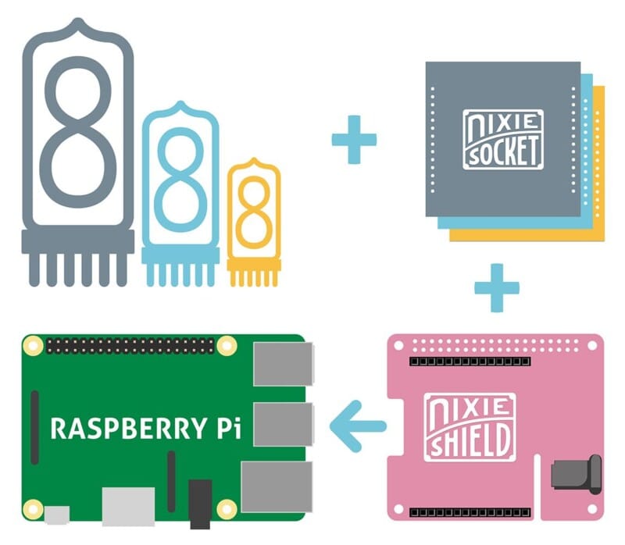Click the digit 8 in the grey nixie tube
(77, 128)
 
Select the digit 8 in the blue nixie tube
(181, 181)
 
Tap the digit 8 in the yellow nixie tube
(253, 212)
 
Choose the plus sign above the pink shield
(496, 287)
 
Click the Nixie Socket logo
(502, 139)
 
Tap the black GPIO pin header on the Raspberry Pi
(130, 344)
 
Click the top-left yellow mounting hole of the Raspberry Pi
(32, 344)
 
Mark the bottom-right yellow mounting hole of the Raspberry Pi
(227, 510)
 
